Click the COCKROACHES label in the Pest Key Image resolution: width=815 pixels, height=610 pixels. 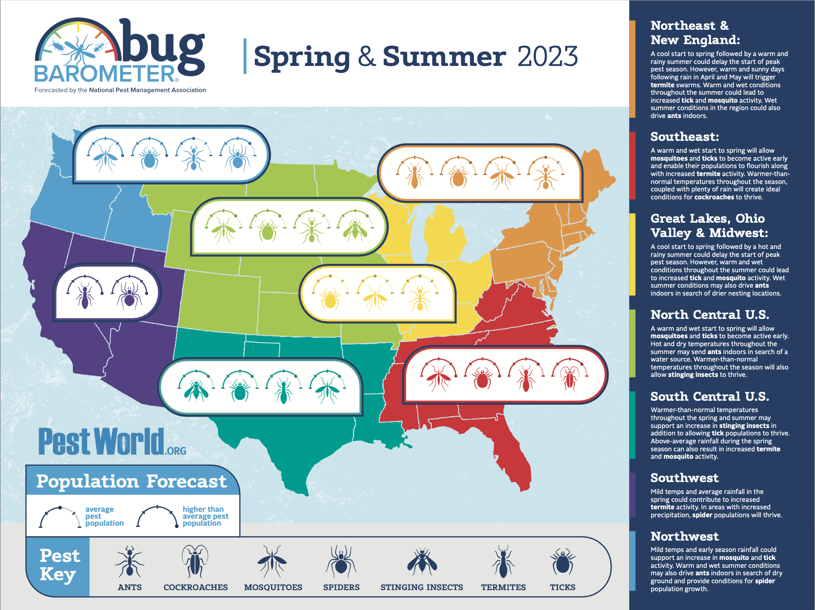pyautogui.click(x=195, y=587)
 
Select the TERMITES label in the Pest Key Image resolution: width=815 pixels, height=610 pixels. pyautogui.click(x=503, y=587)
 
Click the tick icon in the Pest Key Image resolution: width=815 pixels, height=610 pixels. pyautogui.click(x=562, y=562)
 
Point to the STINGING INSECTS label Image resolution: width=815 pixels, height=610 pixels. pyautogui.click(x=421, y=587)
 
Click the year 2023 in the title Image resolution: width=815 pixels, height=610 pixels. pyautogui.click(x=547, y=57)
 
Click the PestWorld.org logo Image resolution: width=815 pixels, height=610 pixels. pyautogui.click(x=112, y=442)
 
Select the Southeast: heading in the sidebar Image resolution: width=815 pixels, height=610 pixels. pyautogui.click(x=684, y=136)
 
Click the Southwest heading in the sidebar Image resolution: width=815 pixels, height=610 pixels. pyautogui.click(x=684, y=478)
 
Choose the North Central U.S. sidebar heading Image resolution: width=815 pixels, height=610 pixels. pyautogui.click(x=709, y=314)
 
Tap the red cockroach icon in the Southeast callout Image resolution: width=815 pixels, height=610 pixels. pyautogui.click(x=570, y=377)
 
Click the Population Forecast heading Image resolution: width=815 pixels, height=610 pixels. pyautogui.click(x=131, y=481)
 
